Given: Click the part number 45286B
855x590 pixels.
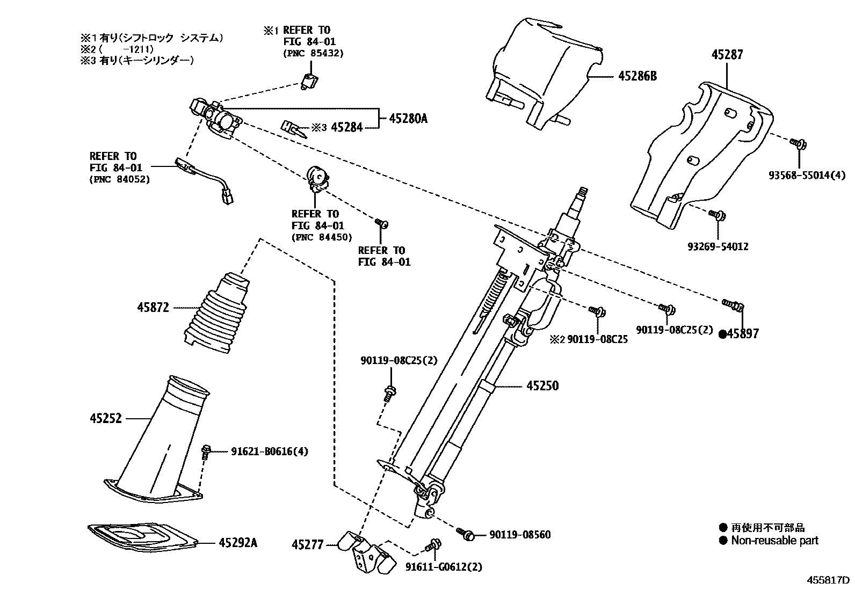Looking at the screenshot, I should pos(637,76).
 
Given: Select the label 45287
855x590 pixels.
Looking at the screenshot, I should pos(728,55).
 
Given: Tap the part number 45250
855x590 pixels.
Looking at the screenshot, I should pos(542,386).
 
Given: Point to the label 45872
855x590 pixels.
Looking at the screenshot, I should pos(153,308).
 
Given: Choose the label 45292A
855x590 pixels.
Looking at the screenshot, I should pos(238,543).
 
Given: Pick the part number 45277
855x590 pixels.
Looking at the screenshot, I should pos(308,545).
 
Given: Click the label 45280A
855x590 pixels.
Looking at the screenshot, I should pos(408,119).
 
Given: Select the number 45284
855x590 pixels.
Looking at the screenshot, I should pos(347,127).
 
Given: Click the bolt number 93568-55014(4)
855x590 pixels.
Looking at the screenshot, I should pos(806,175).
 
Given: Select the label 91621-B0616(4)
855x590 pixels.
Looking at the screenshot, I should pos(270,451).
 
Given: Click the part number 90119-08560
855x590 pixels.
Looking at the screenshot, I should pos(519,535).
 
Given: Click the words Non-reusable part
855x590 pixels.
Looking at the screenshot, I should pos(774,541).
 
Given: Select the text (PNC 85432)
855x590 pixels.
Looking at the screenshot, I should pos(313,53).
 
